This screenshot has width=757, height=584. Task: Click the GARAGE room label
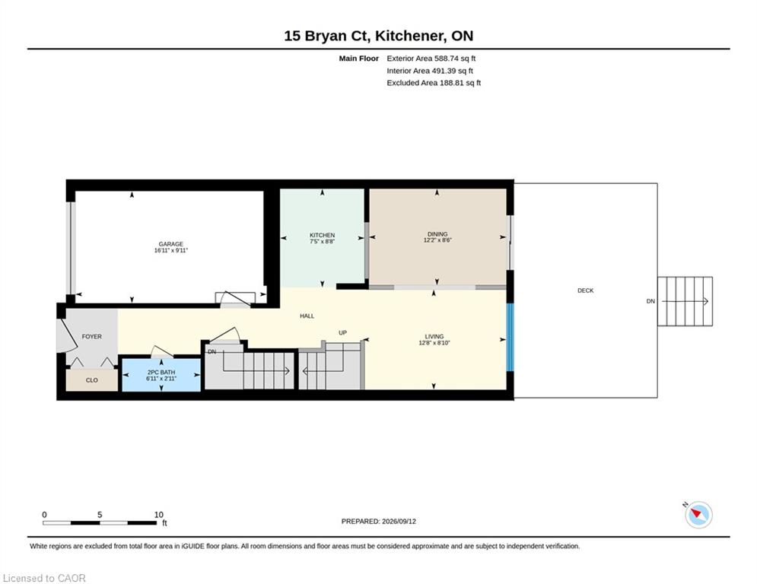point(171,244)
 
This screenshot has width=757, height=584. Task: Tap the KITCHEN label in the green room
point(322,235)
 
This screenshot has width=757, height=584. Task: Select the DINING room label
point(437,234)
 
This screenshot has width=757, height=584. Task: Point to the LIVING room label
point(434,336)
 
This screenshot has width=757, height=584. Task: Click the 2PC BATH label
point(161,372)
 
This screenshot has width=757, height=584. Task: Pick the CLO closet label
point(92,380)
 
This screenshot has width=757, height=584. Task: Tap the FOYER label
point(92,336)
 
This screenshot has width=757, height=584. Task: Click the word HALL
point(307,316)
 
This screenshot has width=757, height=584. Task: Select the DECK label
point(586,290)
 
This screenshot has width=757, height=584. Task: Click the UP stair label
point(343,332)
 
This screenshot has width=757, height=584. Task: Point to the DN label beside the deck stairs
point(650,301)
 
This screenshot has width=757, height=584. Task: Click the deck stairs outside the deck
point(685,301)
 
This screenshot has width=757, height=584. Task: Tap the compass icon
point(698,515)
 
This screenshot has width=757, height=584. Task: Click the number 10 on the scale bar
point(159,515)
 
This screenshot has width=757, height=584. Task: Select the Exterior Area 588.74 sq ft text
point(431,59)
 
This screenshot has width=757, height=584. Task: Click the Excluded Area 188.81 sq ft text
point(434,83)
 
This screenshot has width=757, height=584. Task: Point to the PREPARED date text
point(379,521)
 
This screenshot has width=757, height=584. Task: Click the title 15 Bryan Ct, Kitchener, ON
point(379,36)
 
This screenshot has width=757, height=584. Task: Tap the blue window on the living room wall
point(510,337)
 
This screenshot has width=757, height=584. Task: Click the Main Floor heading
point(358,59)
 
